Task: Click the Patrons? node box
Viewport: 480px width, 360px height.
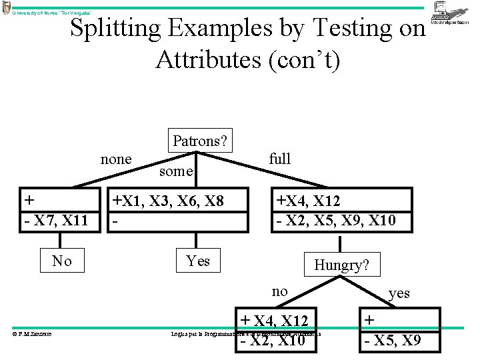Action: tap(199, 141)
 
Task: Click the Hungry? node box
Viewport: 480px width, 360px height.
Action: tap(341, 265)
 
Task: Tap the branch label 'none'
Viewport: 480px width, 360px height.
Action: tap(116, 159)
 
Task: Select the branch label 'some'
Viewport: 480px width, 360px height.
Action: tap(176, 171)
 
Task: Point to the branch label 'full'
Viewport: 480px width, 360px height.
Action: tap(280, 159)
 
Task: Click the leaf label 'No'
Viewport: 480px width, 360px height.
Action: tap(62, 261)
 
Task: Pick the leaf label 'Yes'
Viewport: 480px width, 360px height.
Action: tap(198, 261)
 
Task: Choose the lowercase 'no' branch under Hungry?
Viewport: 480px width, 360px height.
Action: tap(280, 291)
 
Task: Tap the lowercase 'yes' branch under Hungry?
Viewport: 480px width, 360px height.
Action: tap(399, 293)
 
